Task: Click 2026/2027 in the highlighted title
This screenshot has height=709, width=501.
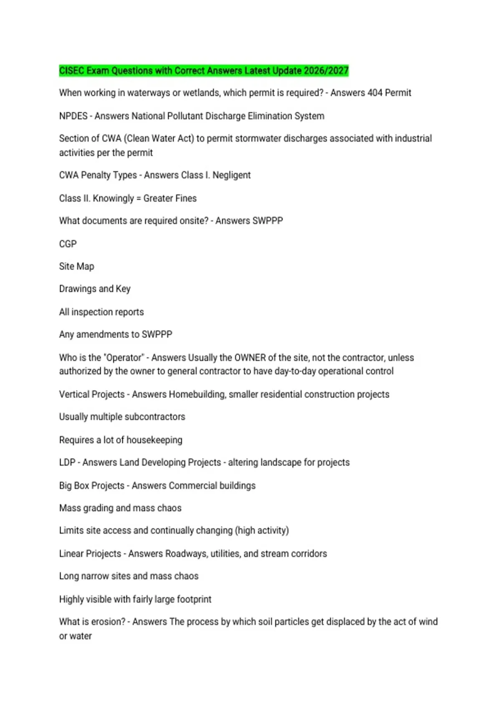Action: coord(326,70)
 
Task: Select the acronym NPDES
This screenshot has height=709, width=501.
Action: coord(73,116)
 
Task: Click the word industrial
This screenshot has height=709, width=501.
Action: coord(411,138)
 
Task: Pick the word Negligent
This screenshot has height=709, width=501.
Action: coord(231,175)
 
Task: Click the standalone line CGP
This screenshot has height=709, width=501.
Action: coord(68,244)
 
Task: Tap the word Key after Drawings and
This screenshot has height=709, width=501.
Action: coord(123,289)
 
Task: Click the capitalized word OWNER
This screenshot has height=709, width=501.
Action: coord(250,358)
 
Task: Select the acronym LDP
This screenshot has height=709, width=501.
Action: coord(67,463)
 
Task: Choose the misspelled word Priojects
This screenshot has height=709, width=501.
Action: coord(104,554)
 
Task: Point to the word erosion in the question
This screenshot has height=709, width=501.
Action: coord(108,622)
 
